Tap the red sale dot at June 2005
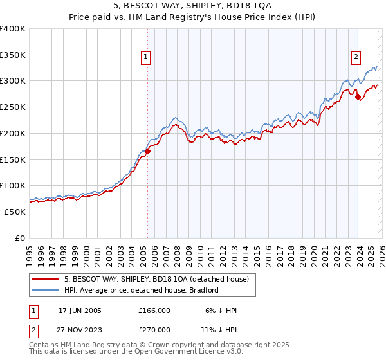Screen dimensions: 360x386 pos(147,152)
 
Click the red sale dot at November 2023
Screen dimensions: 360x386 pos(358,98)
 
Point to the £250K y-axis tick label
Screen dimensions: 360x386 pos(13,107)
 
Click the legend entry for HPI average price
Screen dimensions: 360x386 pos(141,290)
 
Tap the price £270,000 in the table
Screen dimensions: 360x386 pos(154,328)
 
